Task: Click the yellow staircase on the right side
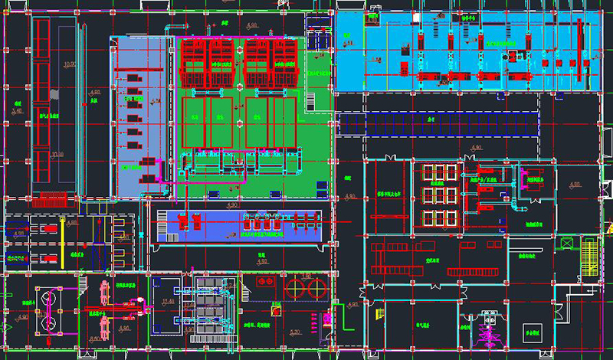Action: pyautogui.click(x=588, y=257)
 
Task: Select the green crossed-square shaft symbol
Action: pyautogui.click(x=567, y=243)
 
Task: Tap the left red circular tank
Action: pyautogui.click(x=293, y=288)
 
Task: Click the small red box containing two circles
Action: pyautogui.click(x=267, y=282)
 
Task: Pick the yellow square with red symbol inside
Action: pyautogui.click(x=275, y=311)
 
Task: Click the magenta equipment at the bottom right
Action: pyautogui.click(x=486, y=332)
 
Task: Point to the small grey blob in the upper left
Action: pyautogui.click(x=54, y=93)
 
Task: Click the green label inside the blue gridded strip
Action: pyautogui.click(x=431, y=121)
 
